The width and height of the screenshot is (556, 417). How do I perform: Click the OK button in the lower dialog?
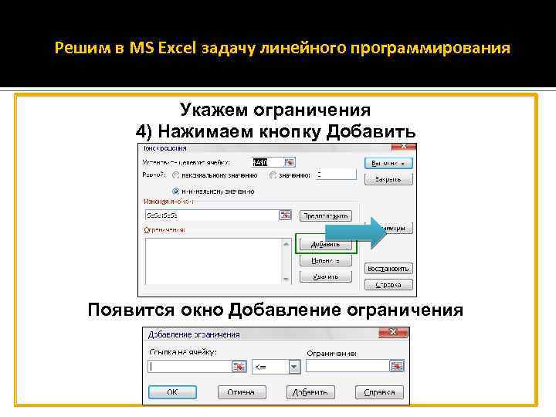[171, 392]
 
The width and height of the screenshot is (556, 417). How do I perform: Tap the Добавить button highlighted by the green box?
[325, 243]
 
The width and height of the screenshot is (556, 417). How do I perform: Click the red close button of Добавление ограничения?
[394, 333]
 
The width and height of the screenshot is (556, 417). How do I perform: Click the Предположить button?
[326, 215]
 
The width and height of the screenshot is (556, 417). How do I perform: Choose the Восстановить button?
[388, 269]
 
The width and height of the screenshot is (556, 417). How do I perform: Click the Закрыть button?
[388, 179]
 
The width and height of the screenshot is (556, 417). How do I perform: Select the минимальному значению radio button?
[176, 189]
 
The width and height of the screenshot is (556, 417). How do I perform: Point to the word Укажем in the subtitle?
[212, 110]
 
